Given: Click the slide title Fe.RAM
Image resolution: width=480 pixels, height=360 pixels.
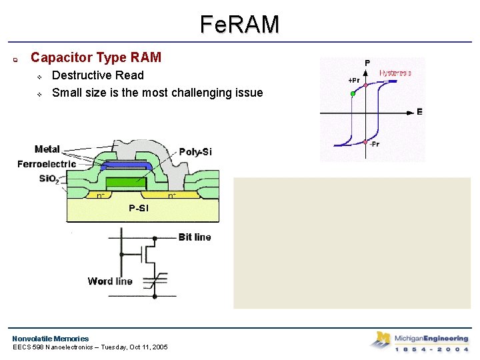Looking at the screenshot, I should (239, 25).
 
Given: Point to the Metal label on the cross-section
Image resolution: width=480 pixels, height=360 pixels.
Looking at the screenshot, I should (47, 149).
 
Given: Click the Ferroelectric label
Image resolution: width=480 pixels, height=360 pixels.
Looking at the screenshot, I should (47, 164).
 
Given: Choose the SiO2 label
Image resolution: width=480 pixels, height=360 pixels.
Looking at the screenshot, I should (48, 179).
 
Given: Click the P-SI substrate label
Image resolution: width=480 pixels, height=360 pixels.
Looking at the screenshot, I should (139, 209).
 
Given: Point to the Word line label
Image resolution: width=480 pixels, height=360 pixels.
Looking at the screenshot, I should (110, 281).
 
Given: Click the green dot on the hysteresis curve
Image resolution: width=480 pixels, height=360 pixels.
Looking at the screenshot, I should (353, 94).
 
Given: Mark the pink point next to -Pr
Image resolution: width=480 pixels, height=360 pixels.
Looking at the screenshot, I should (366, 142).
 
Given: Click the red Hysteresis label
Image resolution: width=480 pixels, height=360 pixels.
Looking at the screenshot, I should (395, 73).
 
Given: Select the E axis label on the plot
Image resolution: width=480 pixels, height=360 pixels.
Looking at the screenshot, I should (419, 112).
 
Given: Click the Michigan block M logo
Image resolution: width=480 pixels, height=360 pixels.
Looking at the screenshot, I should (381, 339).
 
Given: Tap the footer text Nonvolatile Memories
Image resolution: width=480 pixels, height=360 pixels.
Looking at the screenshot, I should (50, 339).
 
